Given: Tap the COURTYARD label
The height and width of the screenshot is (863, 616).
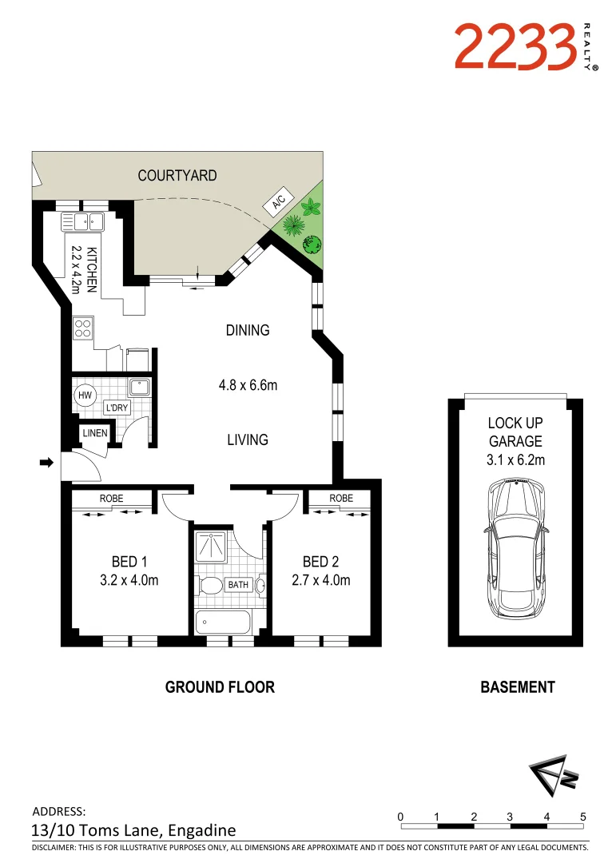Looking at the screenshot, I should pos(177,175).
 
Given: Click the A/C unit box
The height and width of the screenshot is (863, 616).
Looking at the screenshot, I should pos(278,203).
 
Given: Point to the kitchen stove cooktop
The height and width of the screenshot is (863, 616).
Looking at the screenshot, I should pos(83,328).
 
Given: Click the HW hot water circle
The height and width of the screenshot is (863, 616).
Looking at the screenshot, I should pos(85,395).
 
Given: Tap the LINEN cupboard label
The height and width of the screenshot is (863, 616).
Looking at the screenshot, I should pos(94,434).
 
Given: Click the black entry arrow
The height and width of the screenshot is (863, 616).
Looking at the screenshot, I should pos(46,462).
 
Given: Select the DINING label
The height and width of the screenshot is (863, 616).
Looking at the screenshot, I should pos(247,330).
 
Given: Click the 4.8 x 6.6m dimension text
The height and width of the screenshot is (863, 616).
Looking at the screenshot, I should pos(248,385).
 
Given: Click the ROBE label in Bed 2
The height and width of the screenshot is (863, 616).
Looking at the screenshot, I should pos(341,498).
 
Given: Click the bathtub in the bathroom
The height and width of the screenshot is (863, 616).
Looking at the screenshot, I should pos(223,621).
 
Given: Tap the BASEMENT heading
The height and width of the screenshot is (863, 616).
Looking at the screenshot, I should pos(517,686).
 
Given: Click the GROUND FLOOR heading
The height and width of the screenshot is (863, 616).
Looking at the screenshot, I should pos(220,686).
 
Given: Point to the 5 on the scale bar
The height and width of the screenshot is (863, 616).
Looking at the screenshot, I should pos(583,817).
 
